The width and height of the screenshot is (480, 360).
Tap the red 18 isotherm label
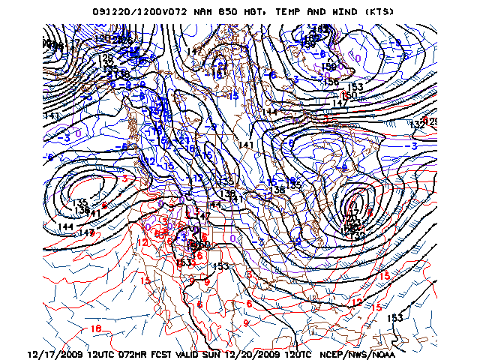(x=95, y=328)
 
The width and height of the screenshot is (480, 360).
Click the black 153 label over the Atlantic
(x=394, y=318)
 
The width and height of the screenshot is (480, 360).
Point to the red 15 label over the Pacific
(x=145, y=280)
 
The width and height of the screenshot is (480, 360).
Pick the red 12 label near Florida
(x=357, y=302)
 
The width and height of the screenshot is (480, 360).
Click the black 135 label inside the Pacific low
(x=79, y=202)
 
